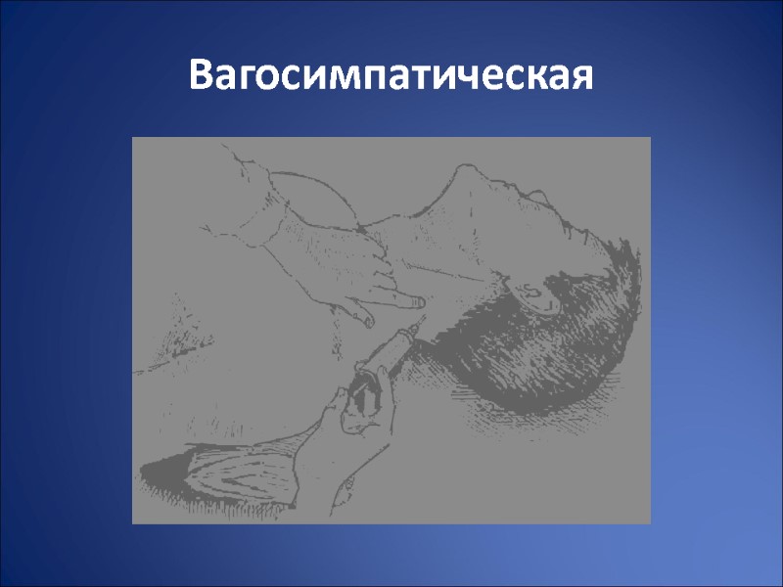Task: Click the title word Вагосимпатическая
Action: tap(391, 76)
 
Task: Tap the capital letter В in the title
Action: tap(202, 76)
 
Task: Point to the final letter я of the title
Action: tap(580, 78)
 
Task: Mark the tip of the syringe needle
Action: tap(423, 314)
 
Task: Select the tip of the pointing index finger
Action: tap(418, 302)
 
